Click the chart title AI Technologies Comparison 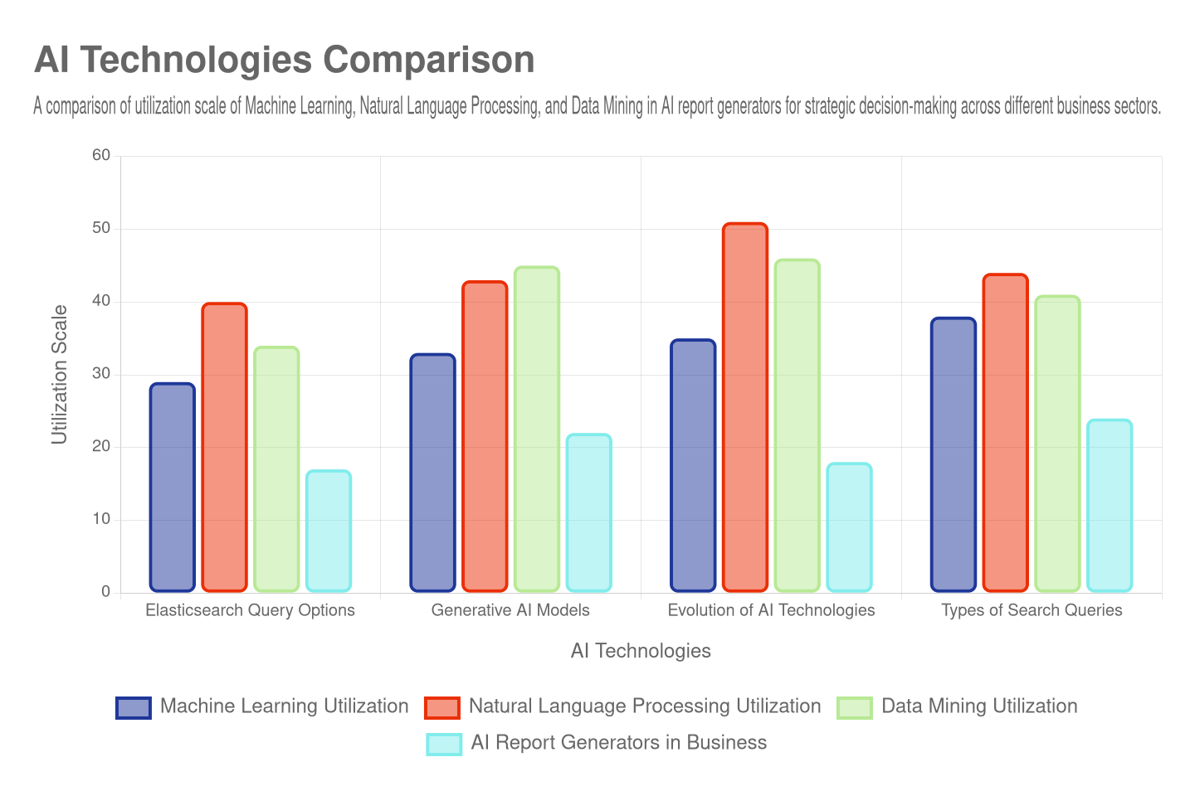(284, 61)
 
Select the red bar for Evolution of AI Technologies (744, 407)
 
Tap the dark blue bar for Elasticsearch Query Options (173, 487)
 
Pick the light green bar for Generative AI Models (536, 429)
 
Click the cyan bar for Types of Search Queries (1110, 505)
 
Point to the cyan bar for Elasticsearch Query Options (329, 531)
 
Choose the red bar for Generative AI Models (485, 436)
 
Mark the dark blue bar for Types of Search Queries (953, 454)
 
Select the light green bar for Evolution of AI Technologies (797, 425)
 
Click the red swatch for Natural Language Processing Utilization (441, 707)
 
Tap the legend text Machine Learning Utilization (284, 706)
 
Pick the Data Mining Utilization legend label (979, 706)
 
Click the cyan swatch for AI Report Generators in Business (444, 744)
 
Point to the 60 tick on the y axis (101, 155)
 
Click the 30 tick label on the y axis (101, 373)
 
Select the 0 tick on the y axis (105, 591)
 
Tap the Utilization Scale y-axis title (59, 375)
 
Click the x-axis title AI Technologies (641, 652)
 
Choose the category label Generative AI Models (510, 610)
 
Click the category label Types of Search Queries (1032, 610)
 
